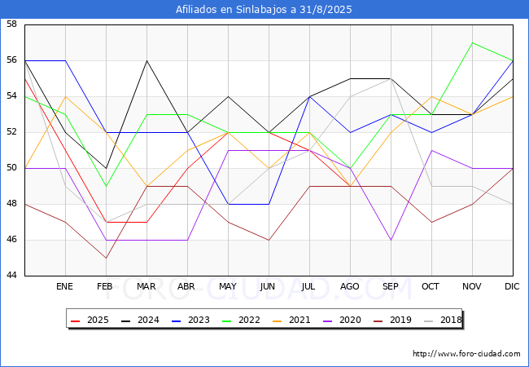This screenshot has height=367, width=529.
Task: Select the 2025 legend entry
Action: [90, 320]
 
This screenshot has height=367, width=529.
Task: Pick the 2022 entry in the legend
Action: [241, 320]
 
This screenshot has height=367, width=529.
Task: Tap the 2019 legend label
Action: [393, 320]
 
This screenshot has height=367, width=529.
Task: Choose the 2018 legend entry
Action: [443, 320]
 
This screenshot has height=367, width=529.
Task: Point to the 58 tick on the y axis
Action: [11, 24]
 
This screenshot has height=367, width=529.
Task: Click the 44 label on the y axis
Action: [11, 276]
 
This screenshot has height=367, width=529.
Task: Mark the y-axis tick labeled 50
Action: [11, 168]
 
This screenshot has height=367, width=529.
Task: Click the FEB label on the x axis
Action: [105, 286]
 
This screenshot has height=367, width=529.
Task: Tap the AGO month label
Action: [349, 286]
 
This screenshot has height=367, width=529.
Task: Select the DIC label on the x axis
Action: [512, 286]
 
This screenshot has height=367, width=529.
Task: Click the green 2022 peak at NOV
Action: [472, 43]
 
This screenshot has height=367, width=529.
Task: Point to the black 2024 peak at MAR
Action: [146, 61]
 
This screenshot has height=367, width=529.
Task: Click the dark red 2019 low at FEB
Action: [107, 258]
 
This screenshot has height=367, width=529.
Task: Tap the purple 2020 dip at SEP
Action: [391, 240]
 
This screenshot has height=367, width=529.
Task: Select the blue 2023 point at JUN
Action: [269, 204]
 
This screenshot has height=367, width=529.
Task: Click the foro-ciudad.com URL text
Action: [466, 354]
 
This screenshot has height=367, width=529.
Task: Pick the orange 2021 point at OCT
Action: [432, 97]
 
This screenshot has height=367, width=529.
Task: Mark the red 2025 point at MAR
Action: [146, 222]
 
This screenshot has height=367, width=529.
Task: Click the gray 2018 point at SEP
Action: [391, 79]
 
